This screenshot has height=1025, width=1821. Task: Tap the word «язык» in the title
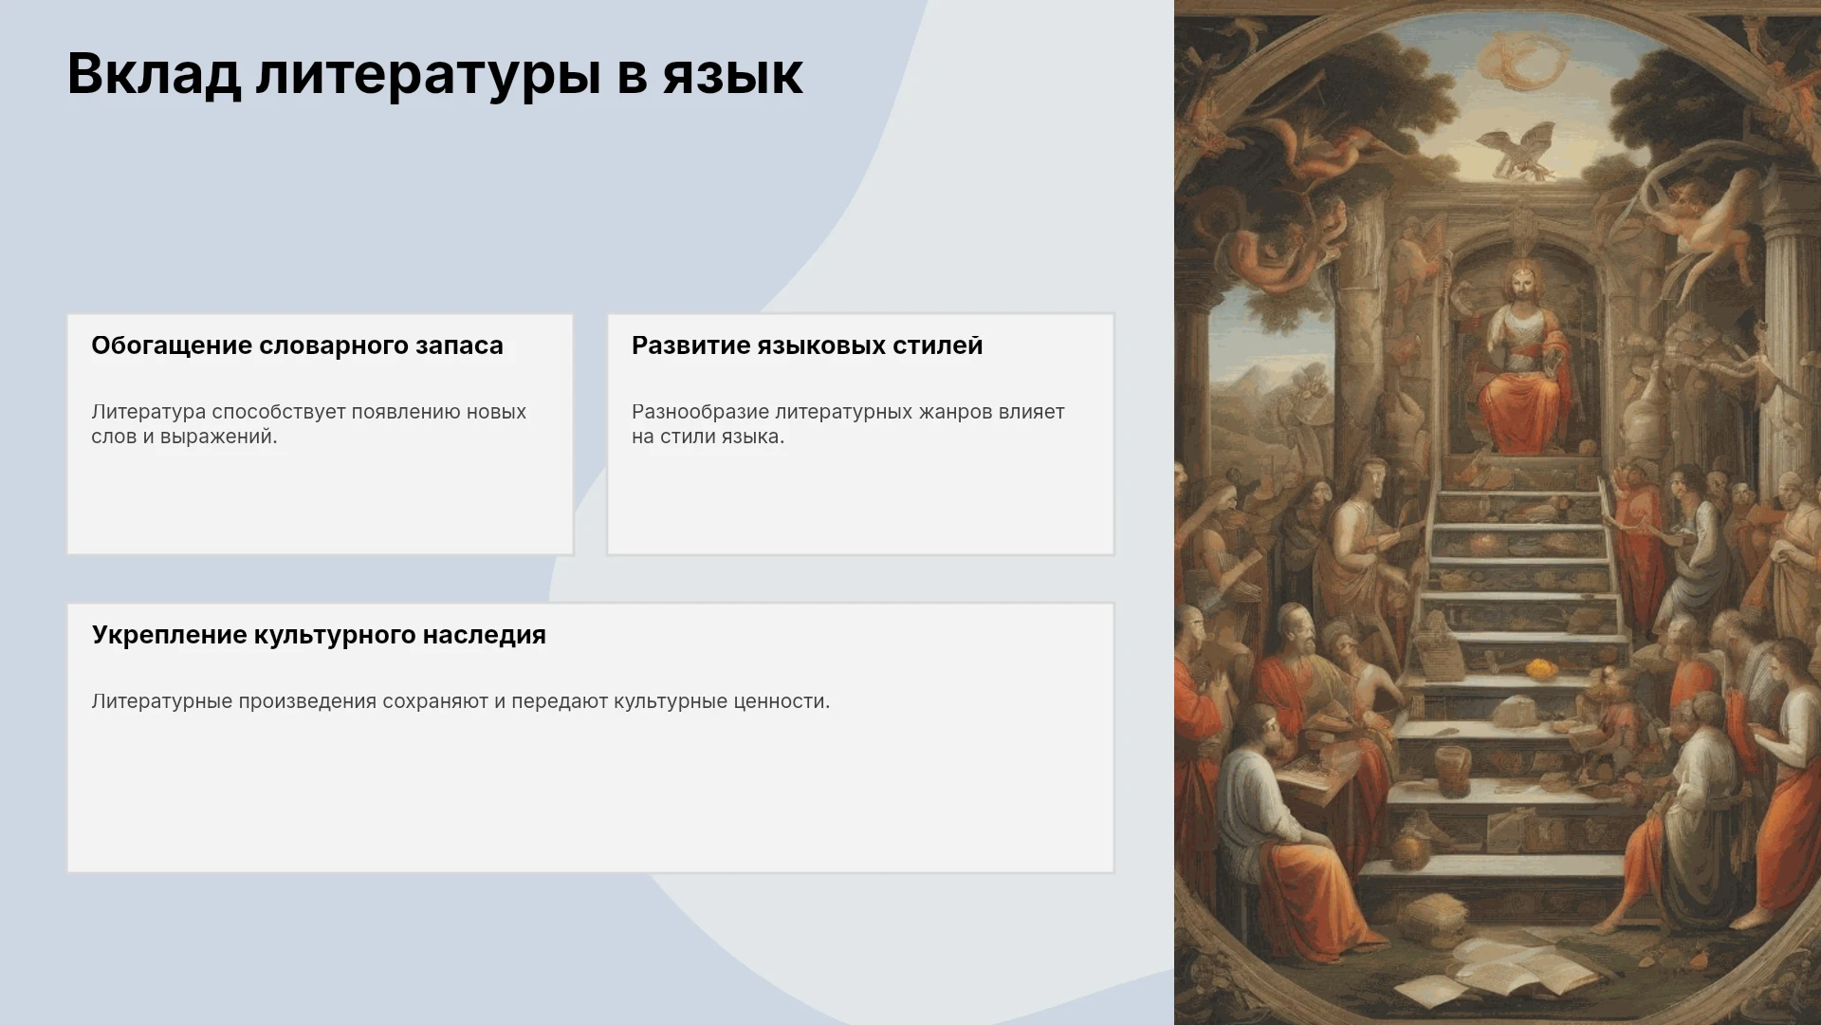click(732, 74)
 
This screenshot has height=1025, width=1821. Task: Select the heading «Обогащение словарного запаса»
click(297, 345)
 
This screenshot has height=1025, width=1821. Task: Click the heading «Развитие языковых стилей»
click(807, 345)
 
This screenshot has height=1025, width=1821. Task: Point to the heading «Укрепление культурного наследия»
click(319, 635)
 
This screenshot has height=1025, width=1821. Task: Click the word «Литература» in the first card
click(149, 412)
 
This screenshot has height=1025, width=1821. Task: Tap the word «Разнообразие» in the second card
click(700, 412)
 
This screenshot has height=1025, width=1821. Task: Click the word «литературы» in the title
click(428, 74)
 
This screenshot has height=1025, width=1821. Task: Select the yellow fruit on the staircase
click(1538, 667)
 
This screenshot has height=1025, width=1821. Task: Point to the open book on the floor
click(1510, 978)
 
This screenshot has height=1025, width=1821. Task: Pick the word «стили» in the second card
click(687, 437)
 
